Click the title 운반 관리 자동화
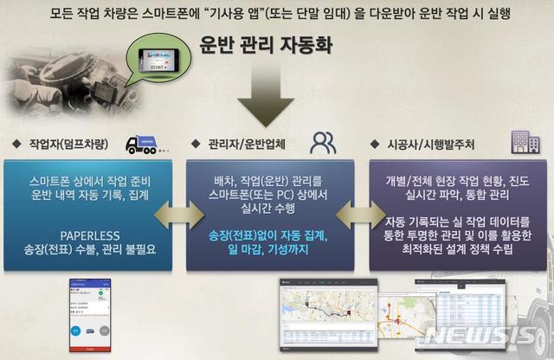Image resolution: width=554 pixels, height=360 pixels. (276, 45)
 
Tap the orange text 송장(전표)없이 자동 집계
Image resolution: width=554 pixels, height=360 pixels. (276, 234)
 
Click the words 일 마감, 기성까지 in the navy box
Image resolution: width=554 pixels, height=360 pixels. (276, 249)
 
